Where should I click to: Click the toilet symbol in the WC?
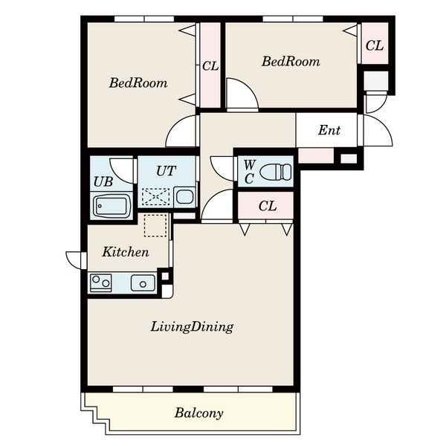[x=276, y=172]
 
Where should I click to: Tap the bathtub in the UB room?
[x=111, y=206]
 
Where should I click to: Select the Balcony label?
[x=198, y=413]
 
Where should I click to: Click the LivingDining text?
[x=192, y=327]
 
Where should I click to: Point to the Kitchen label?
[x=126, y=252]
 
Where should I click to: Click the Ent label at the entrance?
[x=329, y=130]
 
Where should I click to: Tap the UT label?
[x=166, y=171]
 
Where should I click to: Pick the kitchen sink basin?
[x=143, y=283]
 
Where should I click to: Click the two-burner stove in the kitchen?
[x=100, y=283]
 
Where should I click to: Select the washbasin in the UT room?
[x=184, y=196]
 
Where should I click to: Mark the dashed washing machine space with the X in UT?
[x=155, y=196]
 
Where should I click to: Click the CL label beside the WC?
[x=268, y=206]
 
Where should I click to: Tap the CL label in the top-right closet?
[x=375, y=45]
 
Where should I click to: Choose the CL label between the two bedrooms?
[x=210, y=66]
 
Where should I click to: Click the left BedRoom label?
[x=138, y=83]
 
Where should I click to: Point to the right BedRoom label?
[x=291, y=62]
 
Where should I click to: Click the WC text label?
[x=250, y=172]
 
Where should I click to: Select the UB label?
[x=103, y=182]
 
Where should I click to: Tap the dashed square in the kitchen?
[x=155, y=225]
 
